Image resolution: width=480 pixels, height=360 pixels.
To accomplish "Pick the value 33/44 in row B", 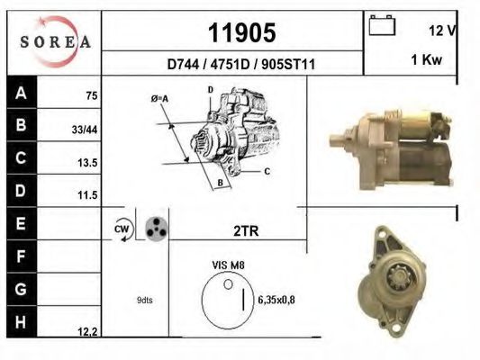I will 85,130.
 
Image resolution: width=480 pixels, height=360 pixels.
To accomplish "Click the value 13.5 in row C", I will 87,162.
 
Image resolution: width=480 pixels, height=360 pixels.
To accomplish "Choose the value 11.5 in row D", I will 87,194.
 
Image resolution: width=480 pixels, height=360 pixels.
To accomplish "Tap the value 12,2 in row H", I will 87,332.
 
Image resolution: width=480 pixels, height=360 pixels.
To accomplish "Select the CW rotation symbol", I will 122,229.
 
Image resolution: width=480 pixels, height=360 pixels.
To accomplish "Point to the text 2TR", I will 245,230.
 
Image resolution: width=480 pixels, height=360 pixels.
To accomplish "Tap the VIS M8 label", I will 227,266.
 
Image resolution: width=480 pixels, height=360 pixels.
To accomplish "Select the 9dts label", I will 144,300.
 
